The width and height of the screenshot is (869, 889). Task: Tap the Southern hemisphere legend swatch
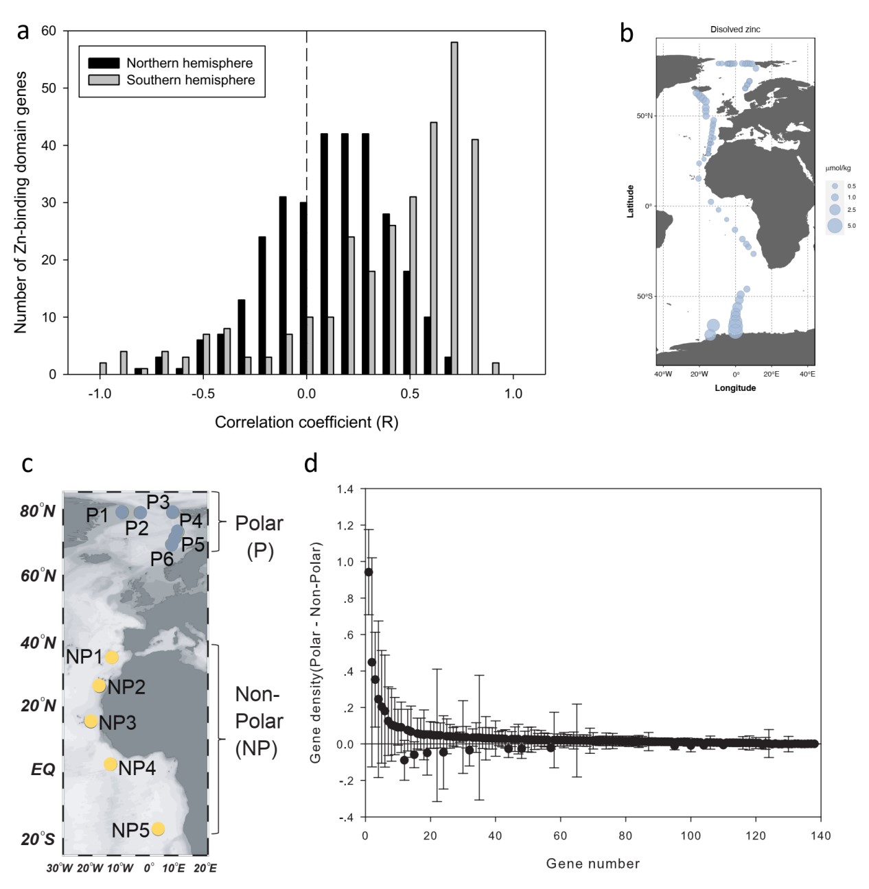pos(104,80)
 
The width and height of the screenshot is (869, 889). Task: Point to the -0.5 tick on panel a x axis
pos(203,394)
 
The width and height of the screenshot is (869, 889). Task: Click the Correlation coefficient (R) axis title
pos(306,422)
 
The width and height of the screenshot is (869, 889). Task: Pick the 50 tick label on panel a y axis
pos(49,88)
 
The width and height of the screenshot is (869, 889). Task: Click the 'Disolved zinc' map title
pos(735,29)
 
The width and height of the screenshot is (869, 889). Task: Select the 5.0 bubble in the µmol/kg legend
pos(835,225)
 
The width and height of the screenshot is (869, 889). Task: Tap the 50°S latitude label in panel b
pos(645,296)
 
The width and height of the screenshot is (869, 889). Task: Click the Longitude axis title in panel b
pos(735,388)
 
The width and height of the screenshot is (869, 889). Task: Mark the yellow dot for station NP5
pos(158,829)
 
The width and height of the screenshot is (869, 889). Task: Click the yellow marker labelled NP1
pos(111,657)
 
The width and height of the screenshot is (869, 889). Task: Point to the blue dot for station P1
pos(122,512)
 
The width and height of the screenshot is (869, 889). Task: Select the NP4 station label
pos(137,768)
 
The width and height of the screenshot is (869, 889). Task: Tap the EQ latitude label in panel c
pos(43,770)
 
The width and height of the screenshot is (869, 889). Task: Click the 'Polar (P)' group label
pos(259,536)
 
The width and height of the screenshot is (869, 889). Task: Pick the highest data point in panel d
pos(369,571)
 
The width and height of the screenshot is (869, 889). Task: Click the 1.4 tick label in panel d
pos(345,489)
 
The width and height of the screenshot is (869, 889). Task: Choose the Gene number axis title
pos(593,864)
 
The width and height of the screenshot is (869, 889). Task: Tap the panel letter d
pos(311,464)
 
